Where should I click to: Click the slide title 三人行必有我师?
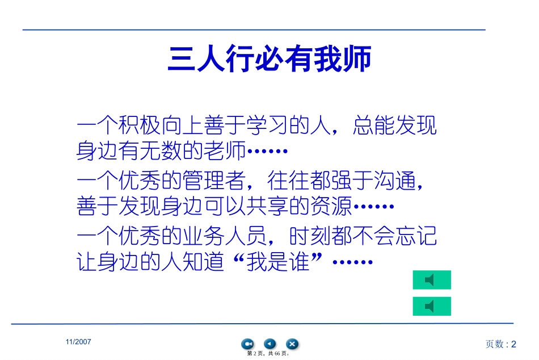269,59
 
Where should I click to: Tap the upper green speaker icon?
431,280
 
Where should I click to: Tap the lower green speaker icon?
431,306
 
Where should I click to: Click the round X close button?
292,344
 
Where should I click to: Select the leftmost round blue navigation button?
248,344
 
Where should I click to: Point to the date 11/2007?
78,342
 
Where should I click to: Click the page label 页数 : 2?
501,344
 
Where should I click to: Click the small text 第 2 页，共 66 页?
269,354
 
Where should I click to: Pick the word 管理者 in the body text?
208,181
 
